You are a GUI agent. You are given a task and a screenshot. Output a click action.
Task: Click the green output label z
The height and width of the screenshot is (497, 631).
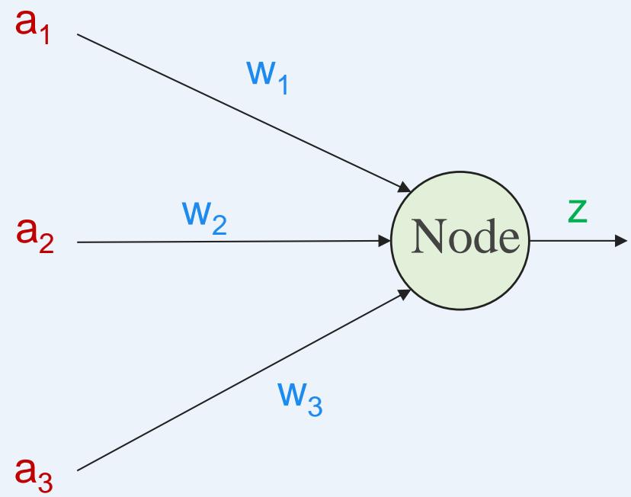578,212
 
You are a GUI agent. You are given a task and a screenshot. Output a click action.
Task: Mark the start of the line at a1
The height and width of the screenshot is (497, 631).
78,34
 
